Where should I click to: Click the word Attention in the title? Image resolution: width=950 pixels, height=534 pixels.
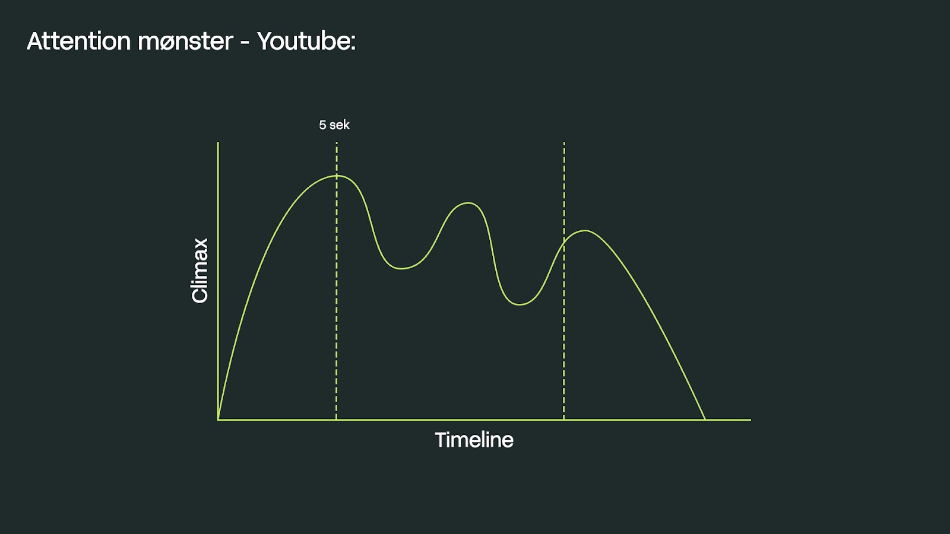(x=79, y=41)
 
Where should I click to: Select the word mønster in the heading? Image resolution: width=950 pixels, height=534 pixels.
(x=186, y=42)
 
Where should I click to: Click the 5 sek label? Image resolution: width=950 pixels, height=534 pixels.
(x=334, y=125)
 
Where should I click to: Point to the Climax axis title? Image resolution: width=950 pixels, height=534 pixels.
(x=199, y=271)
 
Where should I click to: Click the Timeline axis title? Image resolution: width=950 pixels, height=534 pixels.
(x=474, y=440)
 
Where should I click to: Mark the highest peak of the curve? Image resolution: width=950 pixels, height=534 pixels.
(x=339, y=176)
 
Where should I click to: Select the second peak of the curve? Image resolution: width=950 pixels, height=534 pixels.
(x=468, y=203)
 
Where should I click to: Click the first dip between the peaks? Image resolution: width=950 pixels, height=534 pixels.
(x=401, y=268)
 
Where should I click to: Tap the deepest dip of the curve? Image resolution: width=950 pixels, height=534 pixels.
(x=520, y=304)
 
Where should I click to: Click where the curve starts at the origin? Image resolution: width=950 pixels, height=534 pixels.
(x=218, y=419)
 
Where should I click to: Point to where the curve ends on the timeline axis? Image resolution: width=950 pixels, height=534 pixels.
(x=705, y=419)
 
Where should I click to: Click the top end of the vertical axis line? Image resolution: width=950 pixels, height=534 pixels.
(x=218, y=142)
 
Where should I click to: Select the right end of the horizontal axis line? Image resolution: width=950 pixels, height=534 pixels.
(x=750, y=420)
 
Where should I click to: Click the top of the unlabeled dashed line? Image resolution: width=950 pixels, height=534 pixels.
(x=564, y=143)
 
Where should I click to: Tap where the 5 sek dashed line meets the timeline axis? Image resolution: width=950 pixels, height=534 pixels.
(x=336, y=419)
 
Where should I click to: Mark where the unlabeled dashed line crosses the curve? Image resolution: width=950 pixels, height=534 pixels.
(x=564, y=242)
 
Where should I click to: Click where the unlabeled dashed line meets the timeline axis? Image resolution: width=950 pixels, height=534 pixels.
(x=563, y=419)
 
